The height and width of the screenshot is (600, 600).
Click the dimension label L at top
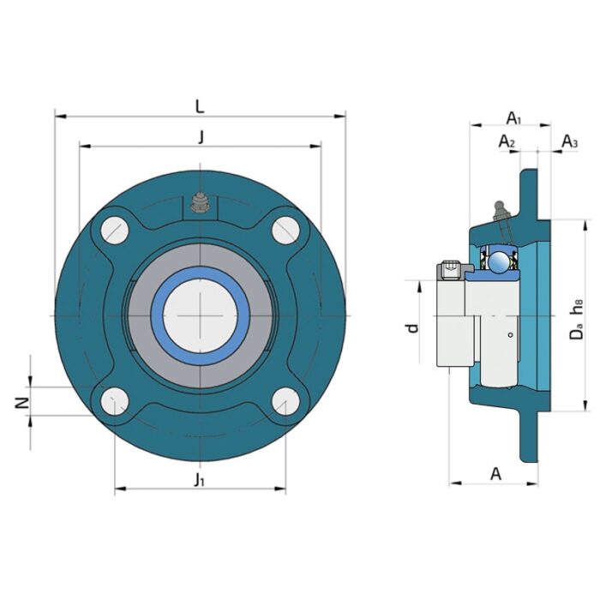coord(199,106)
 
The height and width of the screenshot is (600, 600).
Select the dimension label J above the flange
coord(201,136)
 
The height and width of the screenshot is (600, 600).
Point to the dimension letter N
coord(23,401)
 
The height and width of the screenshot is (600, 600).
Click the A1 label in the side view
coord(513,117)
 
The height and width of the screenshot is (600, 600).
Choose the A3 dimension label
coord(569,141)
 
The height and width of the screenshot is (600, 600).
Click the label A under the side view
coord(495,473)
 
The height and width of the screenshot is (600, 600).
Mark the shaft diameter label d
coord(412,327)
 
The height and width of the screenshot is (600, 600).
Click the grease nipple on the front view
coord(200,204)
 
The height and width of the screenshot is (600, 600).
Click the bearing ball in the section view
coord(496,258)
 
